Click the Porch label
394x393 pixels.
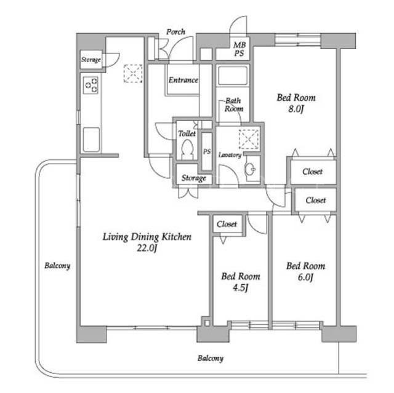pyautogui.click(x=175, y=32)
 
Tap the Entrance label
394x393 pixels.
pyautogui.click(x=183, y=80)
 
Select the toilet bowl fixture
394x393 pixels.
pyautogui.click(x=187, y=149)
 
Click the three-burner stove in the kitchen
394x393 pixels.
pyautogui.click(x=90, y=85)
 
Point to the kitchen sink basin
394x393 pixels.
pyautogui.click(x=91, y=140)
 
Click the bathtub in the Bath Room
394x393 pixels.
pyautogui.click(x=233, y=76)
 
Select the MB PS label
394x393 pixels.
pyautogui.click(x=239, y=49)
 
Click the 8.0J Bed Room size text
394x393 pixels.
pyautogui.click(x=296, y=109)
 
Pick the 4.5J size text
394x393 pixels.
pyautogui.click(x=241, y=288)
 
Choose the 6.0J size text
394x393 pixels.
pyautogui.click(x=305, y=277)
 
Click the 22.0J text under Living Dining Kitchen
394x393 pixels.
pyautogui.click(x=147, y=248)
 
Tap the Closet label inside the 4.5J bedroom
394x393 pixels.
pyautogui.click(x=227, y=224)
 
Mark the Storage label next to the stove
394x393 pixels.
pyautogui.click(x=90, y=60)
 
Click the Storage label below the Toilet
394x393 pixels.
pyautogui.click(x=194, y=178)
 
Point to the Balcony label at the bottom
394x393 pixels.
pyautogui.click(x=211, y=358)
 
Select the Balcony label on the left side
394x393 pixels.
pyautogui.click(x=57, y=266)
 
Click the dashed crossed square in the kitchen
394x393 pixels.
pyautogui.click(x=133, y=73)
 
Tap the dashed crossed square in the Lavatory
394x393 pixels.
pyautogui.click(x=249, y=139)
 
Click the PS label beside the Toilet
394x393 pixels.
pyautogui.click(x=207, y=151)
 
